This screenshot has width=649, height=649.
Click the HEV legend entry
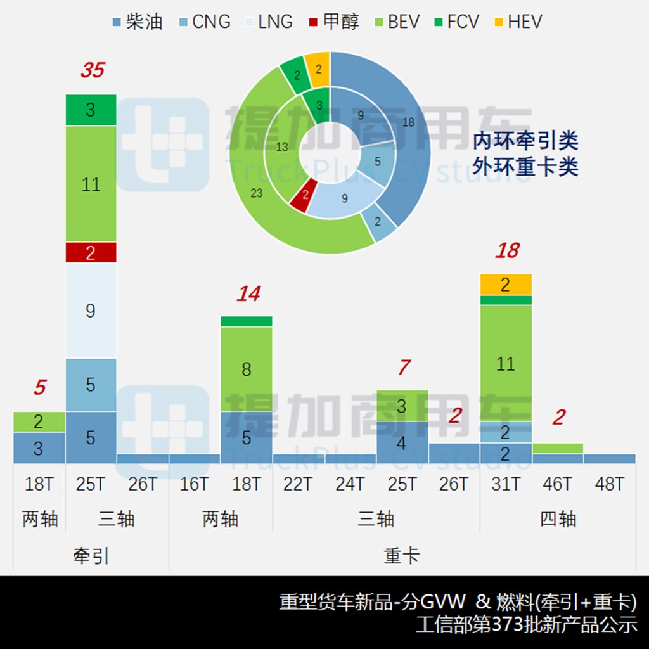coord(517,22)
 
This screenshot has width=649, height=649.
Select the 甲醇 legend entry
coord(333,22)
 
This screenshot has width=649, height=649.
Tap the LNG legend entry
coord(267,22)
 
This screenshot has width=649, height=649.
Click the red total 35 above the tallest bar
coord(92,70)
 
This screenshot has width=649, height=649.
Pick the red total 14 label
coord(248,293)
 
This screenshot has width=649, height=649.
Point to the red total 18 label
coord(507,250)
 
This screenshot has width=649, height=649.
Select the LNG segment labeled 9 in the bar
coord(91,311)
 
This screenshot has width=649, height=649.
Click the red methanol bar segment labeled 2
coord(91,252)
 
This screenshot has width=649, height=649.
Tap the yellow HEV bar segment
coord(505,285)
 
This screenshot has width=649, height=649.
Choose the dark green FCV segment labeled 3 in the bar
coord(91,110)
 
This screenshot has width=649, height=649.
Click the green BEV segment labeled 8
coord(247,369)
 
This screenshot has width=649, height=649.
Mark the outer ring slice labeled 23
coord(257,193)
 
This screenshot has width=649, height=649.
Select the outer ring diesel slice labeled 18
coord(408,122)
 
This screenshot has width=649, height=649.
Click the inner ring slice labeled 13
coord(282,147)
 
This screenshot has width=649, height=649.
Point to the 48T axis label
coord(610,484)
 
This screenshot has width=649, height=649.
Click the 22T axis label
coord(298,484)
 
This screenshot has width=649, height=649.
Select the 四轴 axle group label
coord(558,519)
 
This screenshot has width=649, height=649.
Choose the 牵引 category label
coord(91,556)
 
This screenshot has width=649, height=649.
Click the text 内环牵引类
coord(525,141)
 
